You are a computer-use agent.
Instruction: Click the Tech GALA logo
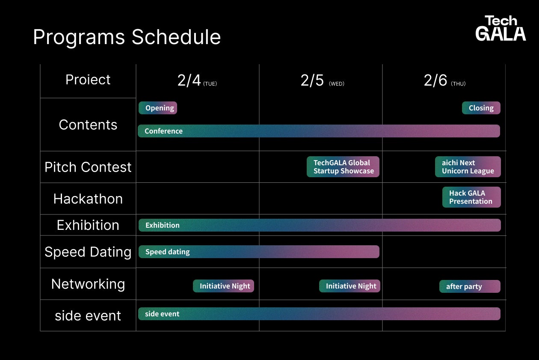pyautogui.click(x=500, y=28)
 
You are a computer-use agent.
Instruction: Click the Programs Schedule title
pyautogui.click(x=127, y=37)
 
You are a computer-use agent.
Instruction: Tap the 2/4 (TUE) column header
pyautogui.click(x=197, y=80)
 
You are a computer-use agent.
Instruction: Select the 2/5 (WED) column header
pyautogui.click(x=323, y=80)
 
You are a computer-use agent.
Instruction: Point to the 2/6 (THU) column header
pyautogui.click(x=445, y=80)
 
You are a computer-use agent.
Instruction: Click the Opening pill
pyautogui.click(x=158, y=108)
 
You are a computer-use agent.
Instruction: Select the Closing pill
pyautogui.click(x=481, y=108)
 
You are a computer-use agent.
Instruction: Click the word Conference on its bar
pyautogui.click(x=163, y=131)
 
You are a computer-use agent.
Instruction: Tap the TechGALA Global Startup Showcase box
pyautogui.click(x=343, y=167)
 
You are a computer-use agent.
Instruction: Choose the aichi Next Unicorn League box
pyautogui.click(x=468, y=167)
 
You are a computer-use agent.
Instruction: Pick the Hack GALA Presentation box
pyautogui.click(x=471, y=197)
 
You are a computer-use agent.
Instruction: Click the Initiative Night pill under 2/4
pyautogui.click(x=224, y=286)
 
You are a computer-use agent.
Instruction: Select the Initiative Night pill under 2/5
pyautogui.click(x=349, y=286)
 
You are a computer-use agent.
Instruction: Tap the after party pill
pyautogui.click(x=470, y=286)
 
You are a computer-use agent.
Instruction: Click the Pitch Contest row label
pyautogui.click(x=88, y=167)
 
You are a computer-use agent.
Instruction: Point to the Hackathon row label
pyautogui.click(x=88, y=199)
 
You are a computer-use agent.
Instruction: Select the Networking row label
pyautogui.click(x=88, y=284)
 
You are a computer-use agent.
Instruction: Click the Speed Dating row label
pyautogui.click(x=88, y=252)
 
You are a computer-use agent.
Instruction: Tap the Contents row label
pyautogui.click(x=88, y=125)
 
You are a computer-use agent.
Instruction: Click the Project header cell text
pyautogui.click(x=88, y=80)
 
